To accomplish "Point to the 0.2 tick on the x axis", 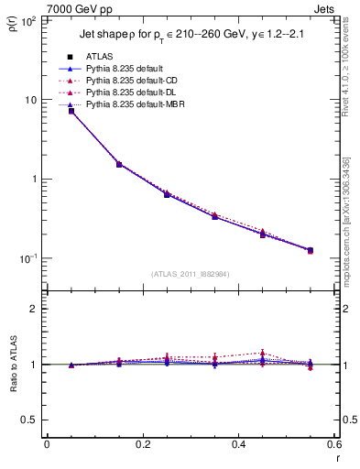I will click(x=142, y=444).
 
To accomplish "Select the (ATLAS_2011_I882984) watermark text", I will click(x=191, y=273).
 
